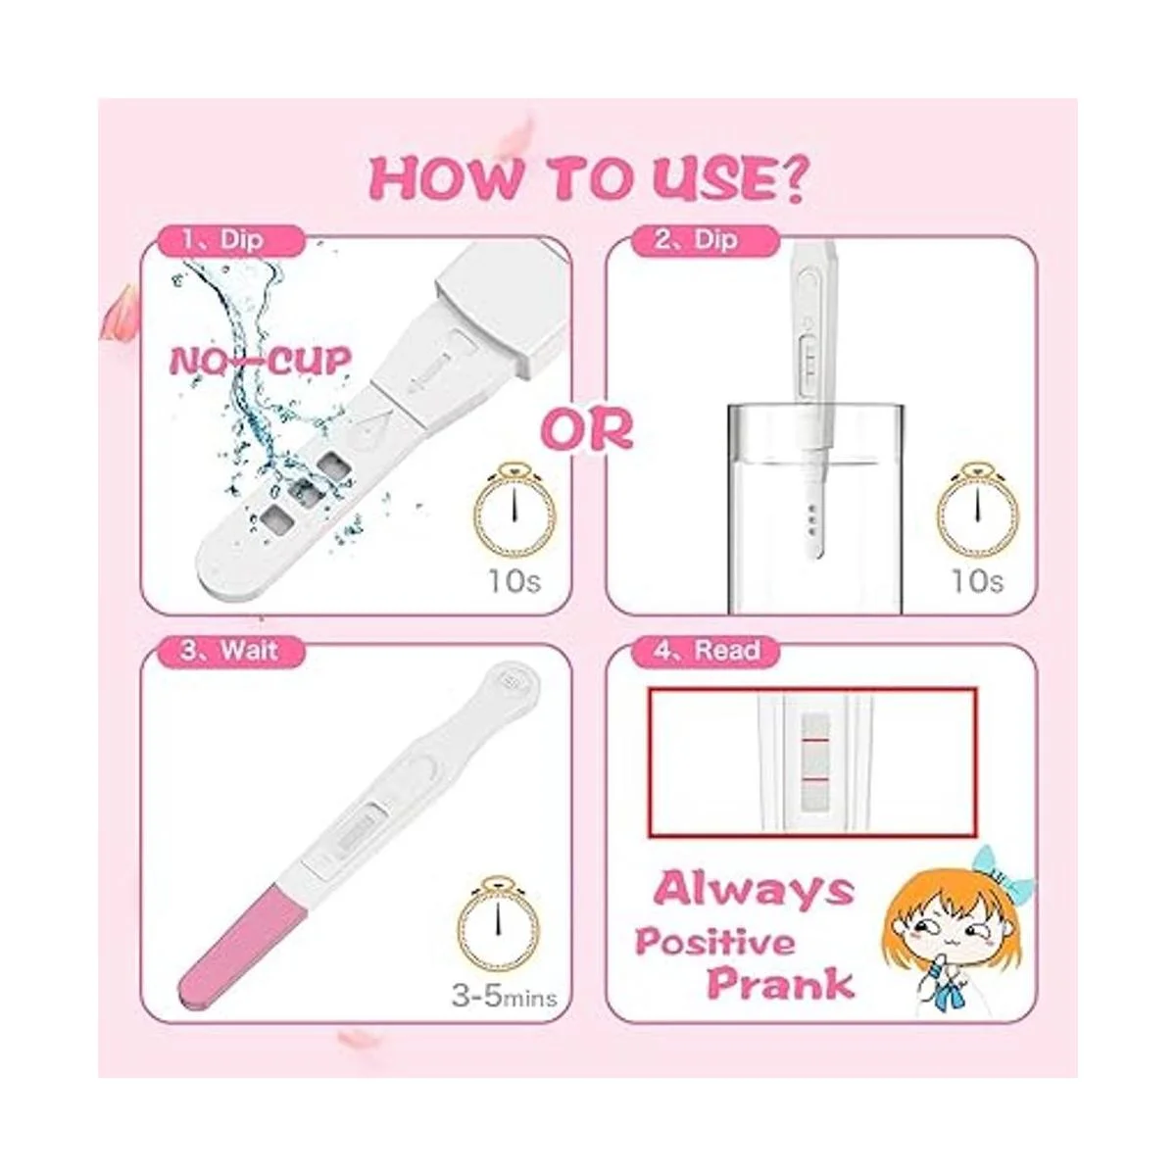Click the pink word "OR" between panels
(588, 429)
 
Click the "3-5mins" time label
(504, 999)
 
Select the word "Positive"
(715, 942)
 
